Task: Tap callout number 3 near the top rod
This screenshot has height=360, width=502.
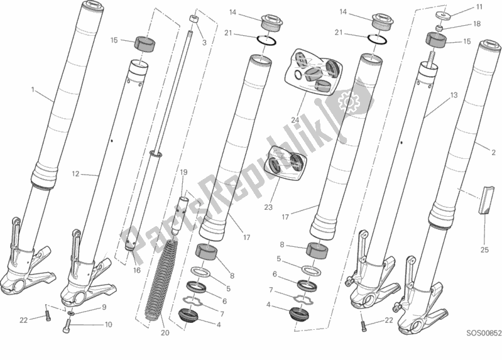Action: (204, 43)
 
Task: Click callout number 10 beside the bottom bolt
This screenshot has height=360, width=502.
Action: (108, 325)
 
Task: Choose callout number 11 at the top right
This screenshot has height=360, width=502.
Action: (479, 7)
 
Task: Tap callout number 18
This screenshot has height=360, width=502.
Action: (477, 23)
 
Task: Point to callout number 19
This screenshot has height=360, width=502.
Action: (183, 172)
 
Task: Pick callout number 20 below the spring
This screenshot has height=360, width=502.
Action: (165, 333)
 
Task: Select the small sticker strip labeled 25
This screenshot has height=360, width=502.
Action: (484, 200)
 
